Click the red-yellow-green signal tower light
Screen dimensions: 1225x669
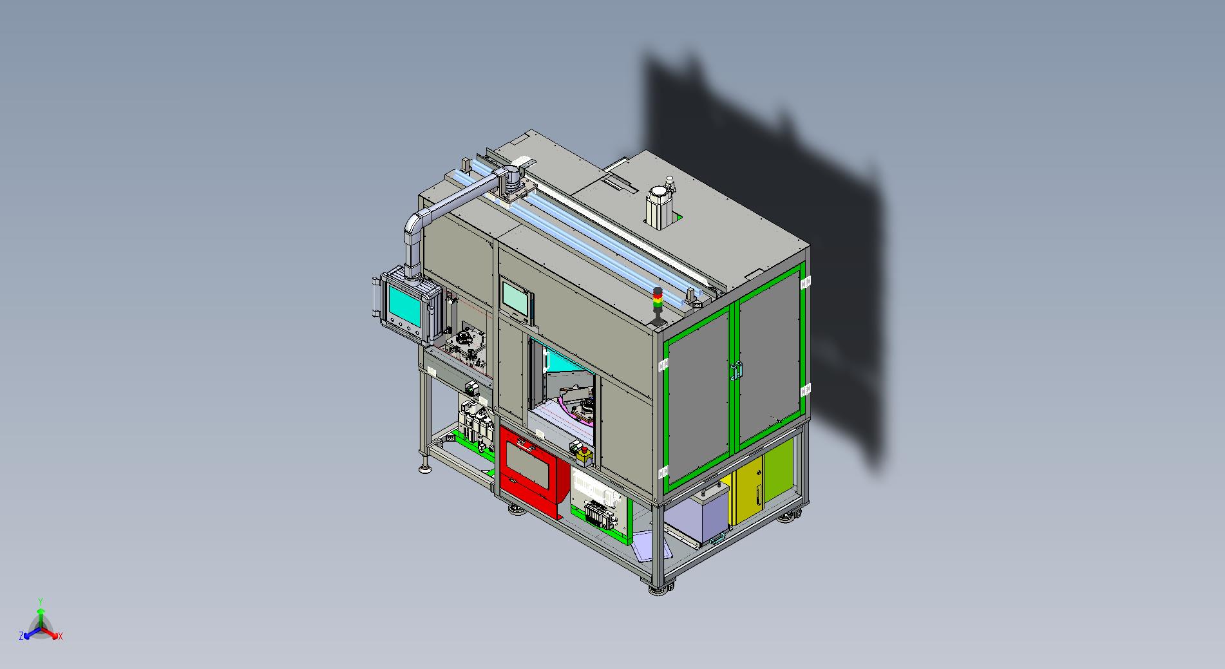point(657,303)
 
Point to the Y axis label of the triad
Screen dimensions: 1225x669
point(40,601)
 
